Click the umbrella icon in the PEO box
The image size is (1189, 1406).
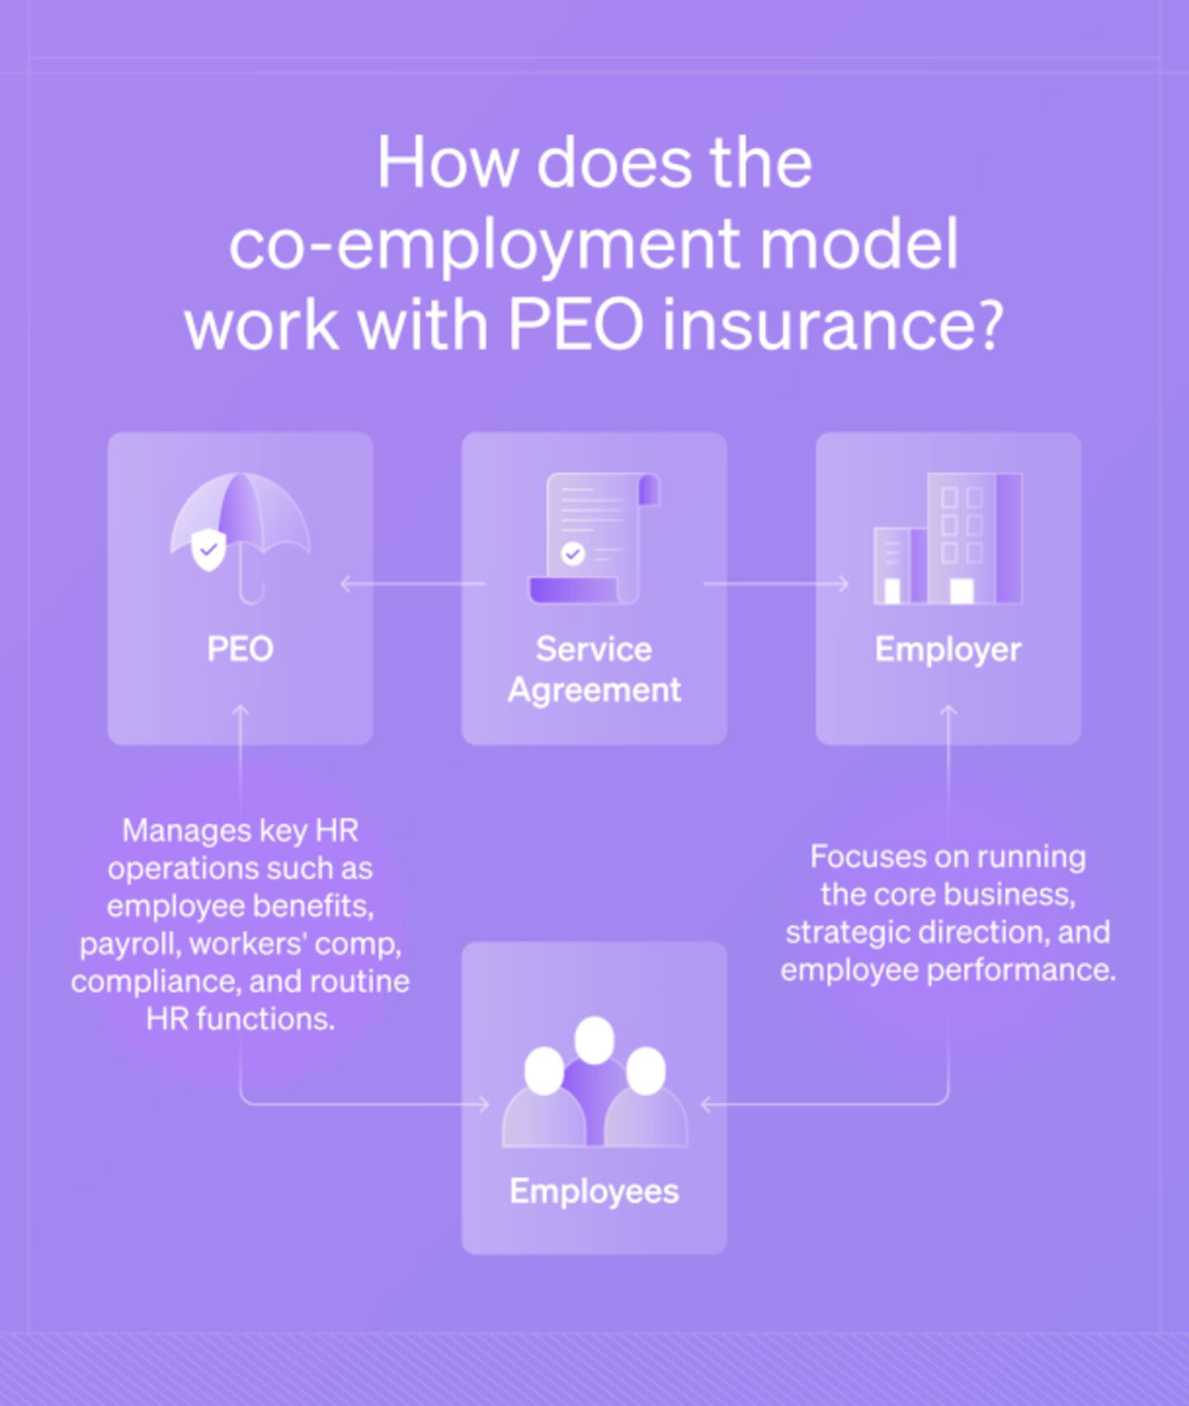[240, 538]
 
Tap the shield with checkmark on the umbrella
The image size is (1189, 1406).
[208, 550]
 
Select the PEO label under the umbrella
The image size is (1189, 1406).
[240, 649]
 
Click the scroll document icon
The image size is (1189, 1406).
[594, 538]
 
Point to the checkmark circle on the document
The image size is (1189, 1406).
[573, 553]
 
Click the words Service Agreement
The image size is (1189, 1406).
[594, 669]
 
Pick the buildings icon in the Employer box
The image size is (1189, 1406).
[948, 539]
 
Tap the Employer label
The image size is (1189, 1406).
[948, 650]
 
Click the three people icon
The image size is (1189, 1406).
[594, 1081]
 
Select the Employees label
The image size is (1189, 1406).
[594, 1192]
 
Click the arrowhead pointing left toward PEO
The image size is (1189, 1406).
[346, 584]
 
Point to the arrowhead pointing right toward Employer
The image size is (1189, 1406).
[843, 584]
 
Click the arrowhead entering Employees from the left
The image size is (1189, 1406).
[483, 1104]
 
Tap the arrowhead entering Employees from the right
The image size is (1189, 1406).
[707, 1104]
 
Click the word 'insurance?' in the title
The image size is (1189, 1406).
[833, 325]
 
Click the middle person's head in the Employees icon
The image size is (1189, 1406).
[594, 1040]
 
